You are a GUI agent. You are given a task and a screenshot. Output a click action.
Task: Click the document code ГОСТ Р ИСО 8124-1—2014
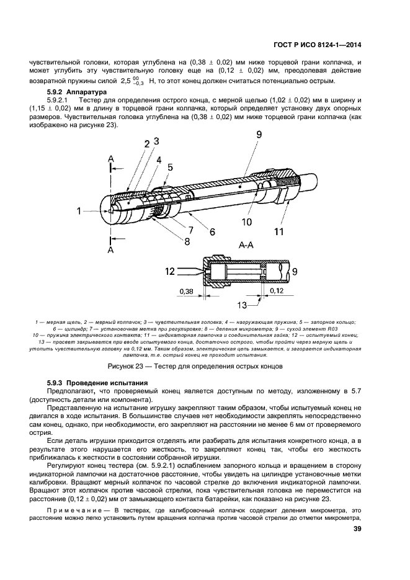317,45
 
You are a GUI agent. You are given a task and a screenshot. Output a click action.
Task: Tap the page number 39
357,529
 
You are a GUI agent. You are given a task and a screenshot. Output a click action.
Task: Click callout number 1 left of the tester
79,211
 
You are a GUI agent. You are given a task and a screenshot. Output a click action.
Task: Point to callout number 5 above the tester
170,167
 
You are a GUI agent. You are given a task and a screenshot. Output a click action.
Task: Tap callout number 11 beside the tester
279,231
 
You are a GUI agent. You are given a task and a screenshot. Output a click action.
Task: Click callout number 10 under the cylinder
247,221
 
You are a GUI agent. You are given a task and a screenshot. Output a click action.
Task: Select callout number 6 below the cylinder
213,232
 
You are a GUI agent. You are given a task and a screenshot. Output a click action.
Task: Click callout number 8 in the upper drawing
187,241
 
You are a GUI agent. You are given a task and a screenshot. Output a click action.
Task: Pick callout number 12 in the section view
170,272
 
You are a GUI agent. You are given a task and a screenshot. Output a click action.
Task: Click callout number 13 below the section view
242,305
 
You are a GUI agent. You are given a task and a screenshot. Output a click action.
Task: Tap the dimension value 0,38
186,291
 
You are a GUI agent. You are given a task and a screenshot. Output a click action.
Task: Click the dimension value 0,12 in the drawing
277,291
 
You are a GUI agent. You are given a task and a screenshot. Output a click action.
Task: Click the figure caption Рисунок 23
124,367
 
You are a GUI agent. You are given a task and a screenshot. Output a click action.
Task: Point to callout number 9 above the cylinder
259,135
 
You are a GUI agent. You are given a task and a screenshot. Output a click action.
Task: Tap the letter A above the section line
110,159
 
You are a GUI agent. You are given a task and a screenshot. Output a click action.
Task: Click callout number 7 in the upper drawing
191,230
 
